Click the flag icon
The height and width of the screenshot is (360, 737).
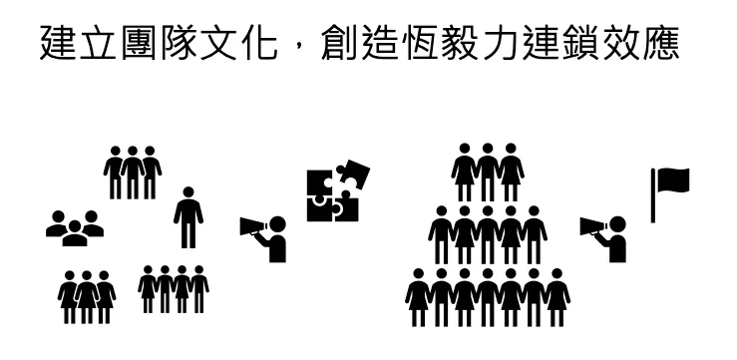coord(669,191)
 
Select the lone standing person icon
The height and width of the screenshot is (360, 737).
coord(187,216)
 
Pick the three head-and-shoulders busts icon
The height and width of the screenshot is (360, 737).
coord(75,228)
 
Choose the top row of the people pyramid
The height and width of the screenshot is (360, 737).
coord(489,173)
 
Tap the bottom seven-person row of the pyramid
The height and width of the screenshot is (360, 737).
coord(488,297)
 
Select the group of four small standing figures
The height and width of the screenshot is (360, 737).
coord(174,289)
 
